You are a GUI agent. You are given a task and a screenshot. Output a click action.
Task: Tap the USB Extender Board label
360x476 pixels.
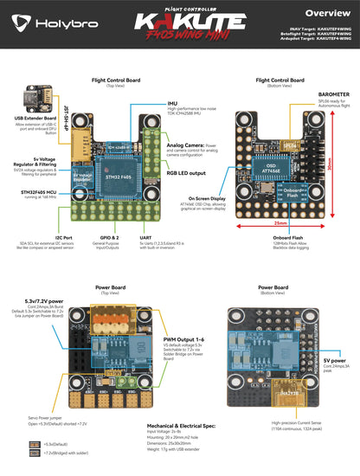coord(29,118)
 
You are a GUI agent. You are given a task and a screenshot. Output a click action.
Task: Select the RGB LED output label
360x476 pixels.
coord(183,172)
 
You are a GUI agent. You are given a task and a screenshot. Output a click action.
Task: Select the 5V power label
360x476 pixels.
coord(334,359)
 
